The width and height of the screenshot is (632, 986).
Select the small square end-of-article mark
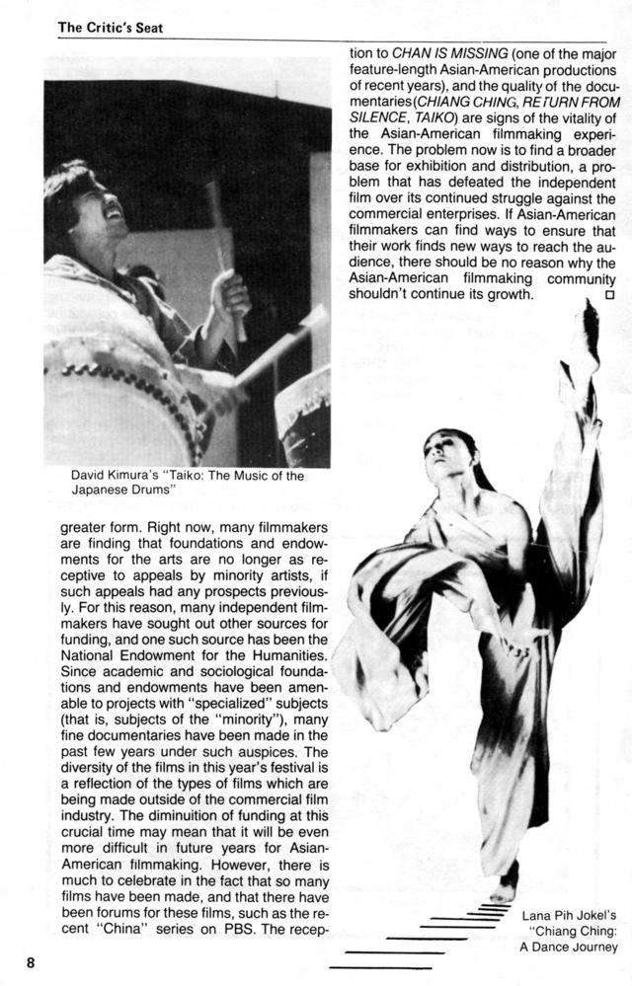(608, 294)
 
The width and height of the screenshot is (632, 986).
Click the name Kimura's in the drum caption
(121, 476)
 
